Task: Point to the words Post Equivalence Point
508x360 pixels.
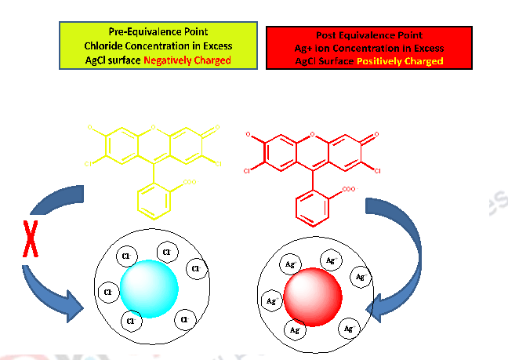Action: [x=369, y=35]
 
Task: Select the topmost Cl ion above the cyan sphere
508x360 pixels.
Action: [x=165, y=251]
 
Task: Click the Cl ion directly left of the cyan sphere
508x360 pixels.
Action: [x=107, y=293]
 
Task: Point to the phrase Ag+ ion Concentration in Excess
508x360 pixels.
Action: [x=369, y=48]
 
